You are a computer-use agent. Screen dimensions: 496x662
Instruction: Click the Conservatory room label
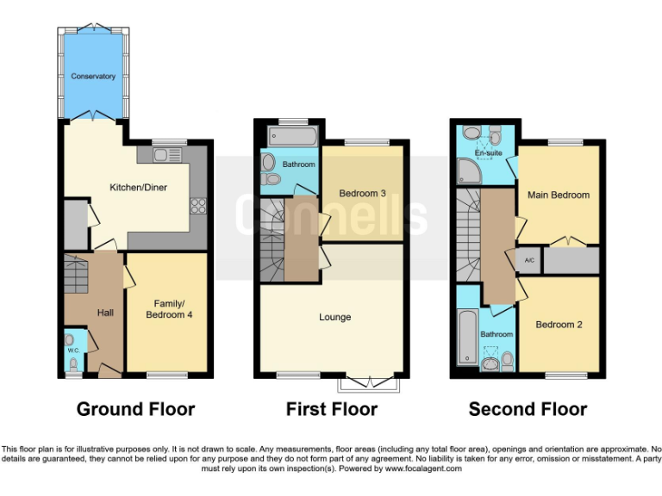tap(94, 77)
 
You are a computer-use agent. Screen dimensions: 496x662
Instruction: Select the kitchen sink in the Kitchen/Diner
tap(163, 154)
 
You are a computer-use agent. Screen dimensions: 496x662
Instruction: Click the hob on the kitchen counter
tap(197, 205)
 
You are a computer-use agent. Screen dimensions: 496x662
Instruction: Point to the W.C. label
tap(73, 351)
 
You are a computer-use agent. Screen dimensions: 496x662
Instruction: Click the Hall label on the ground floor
tap(105, 312)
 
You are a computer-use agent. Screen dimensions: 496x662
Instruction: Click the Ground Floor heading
tap(135, 409)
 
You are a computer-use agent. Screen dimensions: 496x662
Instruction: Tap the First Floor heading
tap(332, 409)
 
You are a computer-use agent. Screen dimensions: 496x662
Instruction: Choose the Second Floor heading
tap(528, 409)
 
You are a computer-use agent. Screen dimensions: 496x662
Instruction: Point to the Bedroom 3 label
tap(362, 193)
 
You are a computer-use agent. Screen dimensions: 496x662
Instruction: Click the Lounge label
tap(334, 317)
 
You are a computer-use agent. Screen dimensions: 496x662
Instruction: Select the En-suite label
tap(489, 153)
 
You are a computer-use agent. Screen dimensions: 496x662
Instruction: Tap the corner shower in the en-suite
tap(470, 175)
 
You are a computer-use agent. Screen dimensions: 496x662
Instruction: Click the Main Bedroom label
tap(558, 195)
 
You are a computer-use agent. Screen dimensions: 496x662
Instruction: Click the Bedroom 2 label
tap(559, 325)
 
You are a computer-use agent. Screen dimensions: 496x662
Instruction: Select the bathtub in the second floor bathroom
tap(466, 338)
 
